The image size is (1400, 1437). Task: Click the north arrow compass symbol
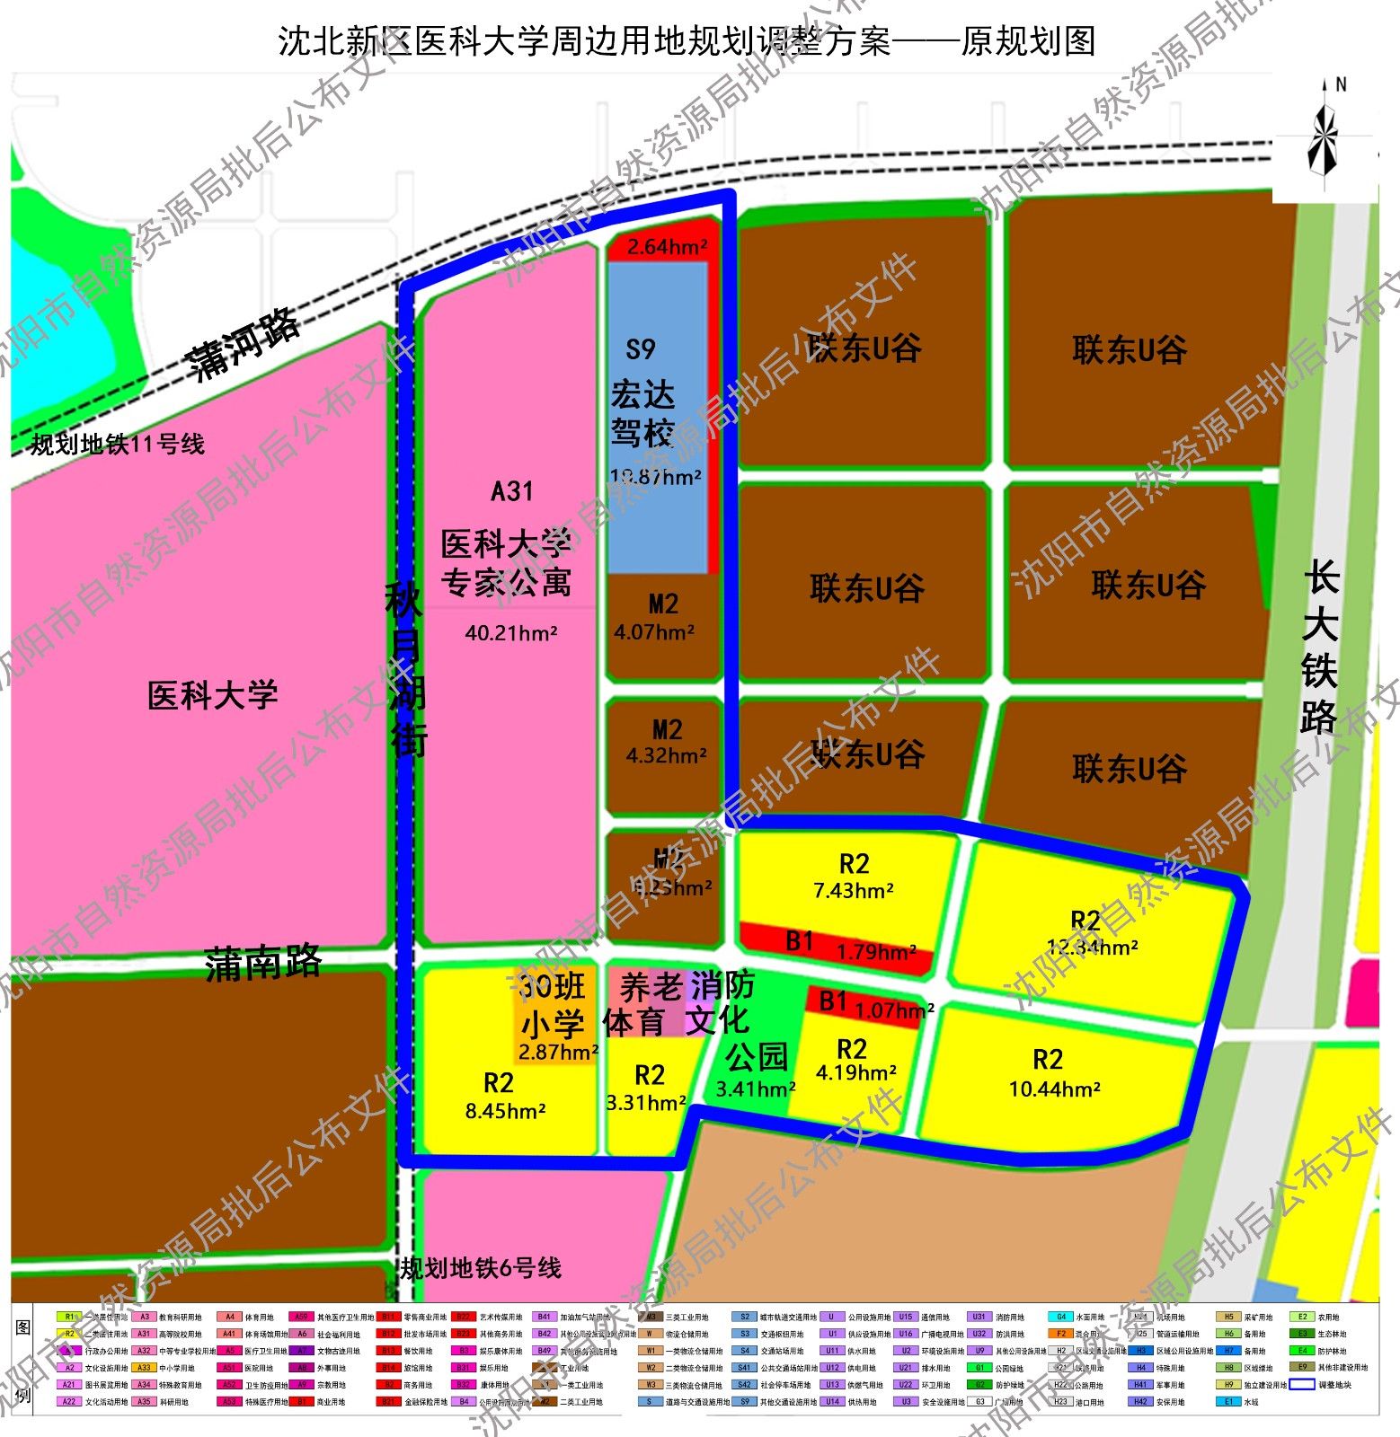pyautogui.click(x=1323, y=135)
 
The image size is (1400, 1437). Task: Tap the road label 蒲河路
pyautogui.click(x=243, y=344)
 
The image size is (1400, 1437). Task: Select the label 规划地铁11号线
pyautogui.click(x=118, y=444)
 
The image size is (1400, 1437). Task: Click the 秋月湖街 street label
pyautogui.click(x=406, y=669)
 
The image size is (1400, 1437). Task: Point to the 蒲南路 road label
pyautogui.click(x=262, y=964)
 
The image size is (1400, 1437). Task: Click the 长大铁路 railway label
pyautogui.click(x=1320, y=647)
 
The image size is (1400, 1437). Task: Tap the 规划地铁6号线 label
pyautogui.click(x=481, y=1267)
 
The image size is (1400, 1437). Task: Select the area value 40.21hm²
pyautogui.click(x=511, y=633)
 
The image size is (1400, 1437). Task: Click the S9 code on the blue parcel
pyautogui.click(x=641, y=348)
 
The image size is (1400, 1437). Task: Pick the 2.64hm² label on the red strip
pyautogui.click(x=667, y=247)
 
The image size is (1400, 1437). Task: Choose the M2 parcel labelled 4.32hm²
pyautogui.click(x=666, y=742)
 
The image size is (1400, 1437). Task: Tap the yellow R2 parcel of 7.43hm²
pyautogui.click(x=853, y=877)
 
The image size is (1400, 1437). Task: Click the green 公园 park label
pyautogui.click(x=757, y=1057)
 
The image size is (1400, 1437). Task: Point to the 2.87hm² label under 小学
pyautogui.click(x=558, y=1052)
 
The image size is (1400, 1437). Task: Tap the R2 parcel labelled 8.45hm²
pyautogui.click(x=503, y=1096)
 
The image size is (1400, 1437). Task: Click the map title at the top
pyautogui.click(x=687, y=41)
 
